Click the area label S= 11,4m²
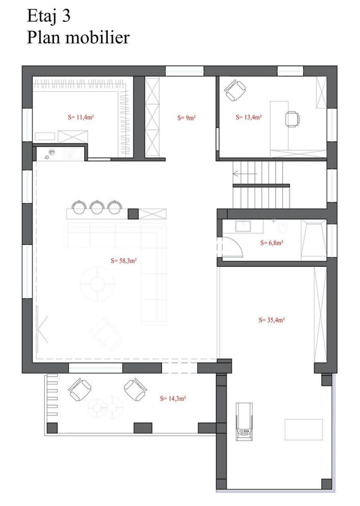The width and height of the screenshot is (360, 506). click(81, 117)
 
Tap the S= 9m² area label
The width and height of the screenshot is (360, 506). click(186, 118)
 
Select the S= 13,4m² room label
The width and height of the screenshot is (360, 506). click(248, 117)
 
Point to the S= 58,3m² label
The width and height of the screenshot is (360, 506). click(124, 261)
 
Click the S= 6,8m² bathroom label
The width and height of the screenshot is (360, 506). click(271, 243)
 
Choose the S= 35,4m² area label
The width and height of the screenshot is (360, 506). click(271, 320)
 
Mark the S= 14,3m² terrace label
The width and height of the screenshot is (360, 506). click(173, 399)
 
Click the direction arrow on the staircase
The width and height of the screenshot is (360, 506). click(245, 174)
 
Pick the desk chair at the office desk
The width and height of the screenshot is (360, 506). click(292, 119)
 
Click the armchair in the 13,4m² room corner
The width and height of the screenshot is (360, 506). click(235, 91)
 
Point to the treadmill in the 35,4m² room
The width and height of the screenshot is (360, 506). click(244, 422)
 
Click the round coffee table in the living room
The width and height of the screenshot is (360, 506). click(97, 283)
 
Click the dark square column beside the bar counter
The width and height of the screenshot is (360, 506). click(133, 214)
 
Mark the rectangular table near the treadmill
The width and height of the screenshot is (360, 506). click(303, 430)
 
